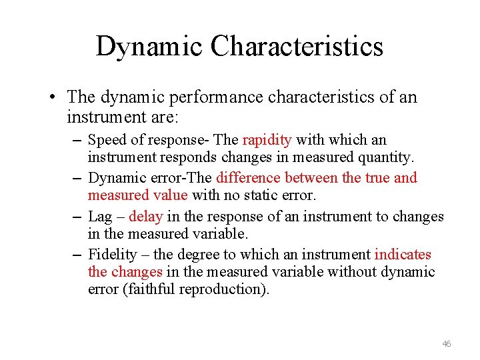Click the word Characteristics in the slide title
pyautogui.click(x=297, y=47)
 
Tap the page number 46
pyautogui.click(x=446, y=343)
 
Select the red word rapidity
pyautogui.click(x=267, y=140)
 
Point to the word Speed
pyautogui.click(x=104, y=140)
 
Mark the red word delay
pyautogui.click(x=145, y=216)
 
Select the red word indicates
pyautogui.click(x=403, y=254)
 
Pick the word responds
pyautogui.click(x=177, y=158)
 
